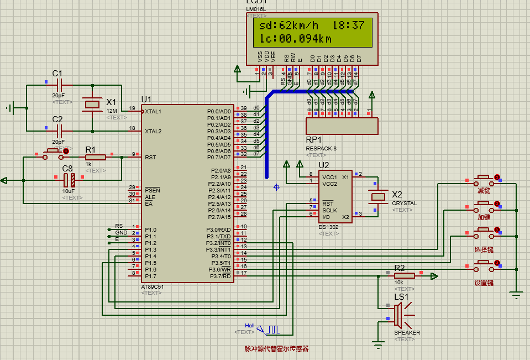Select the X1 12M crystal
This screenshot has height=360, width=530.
[92, 104]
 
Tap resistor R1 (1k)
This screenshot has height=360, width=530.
[95, 157]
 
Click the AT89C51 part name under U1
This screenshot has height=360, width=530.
[153, 286]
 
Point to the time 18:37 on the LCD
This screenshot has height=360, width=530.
[348, 25]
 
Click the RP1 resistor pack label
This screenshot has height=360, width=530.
[313, 139]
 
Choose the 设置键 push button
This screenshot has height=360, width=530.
[484, 268]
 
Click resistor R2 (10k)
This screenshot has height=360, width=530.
[404, 275]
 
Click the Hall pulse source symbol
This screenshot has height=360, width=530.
[273, 330]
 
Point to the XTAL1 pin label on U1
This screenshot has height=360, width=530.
[153, 111]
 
